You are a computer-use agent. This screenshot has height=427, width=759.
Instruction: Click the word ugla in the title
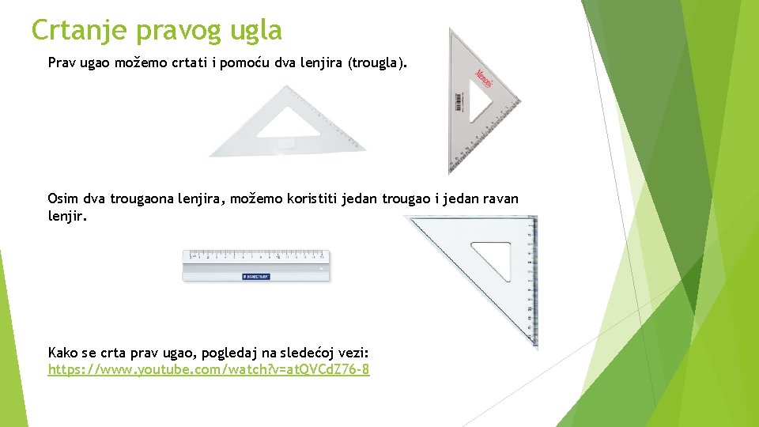254,32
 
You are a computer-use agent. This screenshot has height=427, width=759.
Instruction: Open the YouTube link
209,369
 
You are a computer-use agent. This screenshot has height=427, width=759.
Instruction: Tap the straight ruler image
256,265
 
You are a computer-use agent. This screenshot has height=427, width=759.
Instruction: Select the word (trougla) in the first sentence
378,62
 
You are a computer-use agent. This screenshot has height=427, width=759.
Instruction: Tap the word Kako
64,352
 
